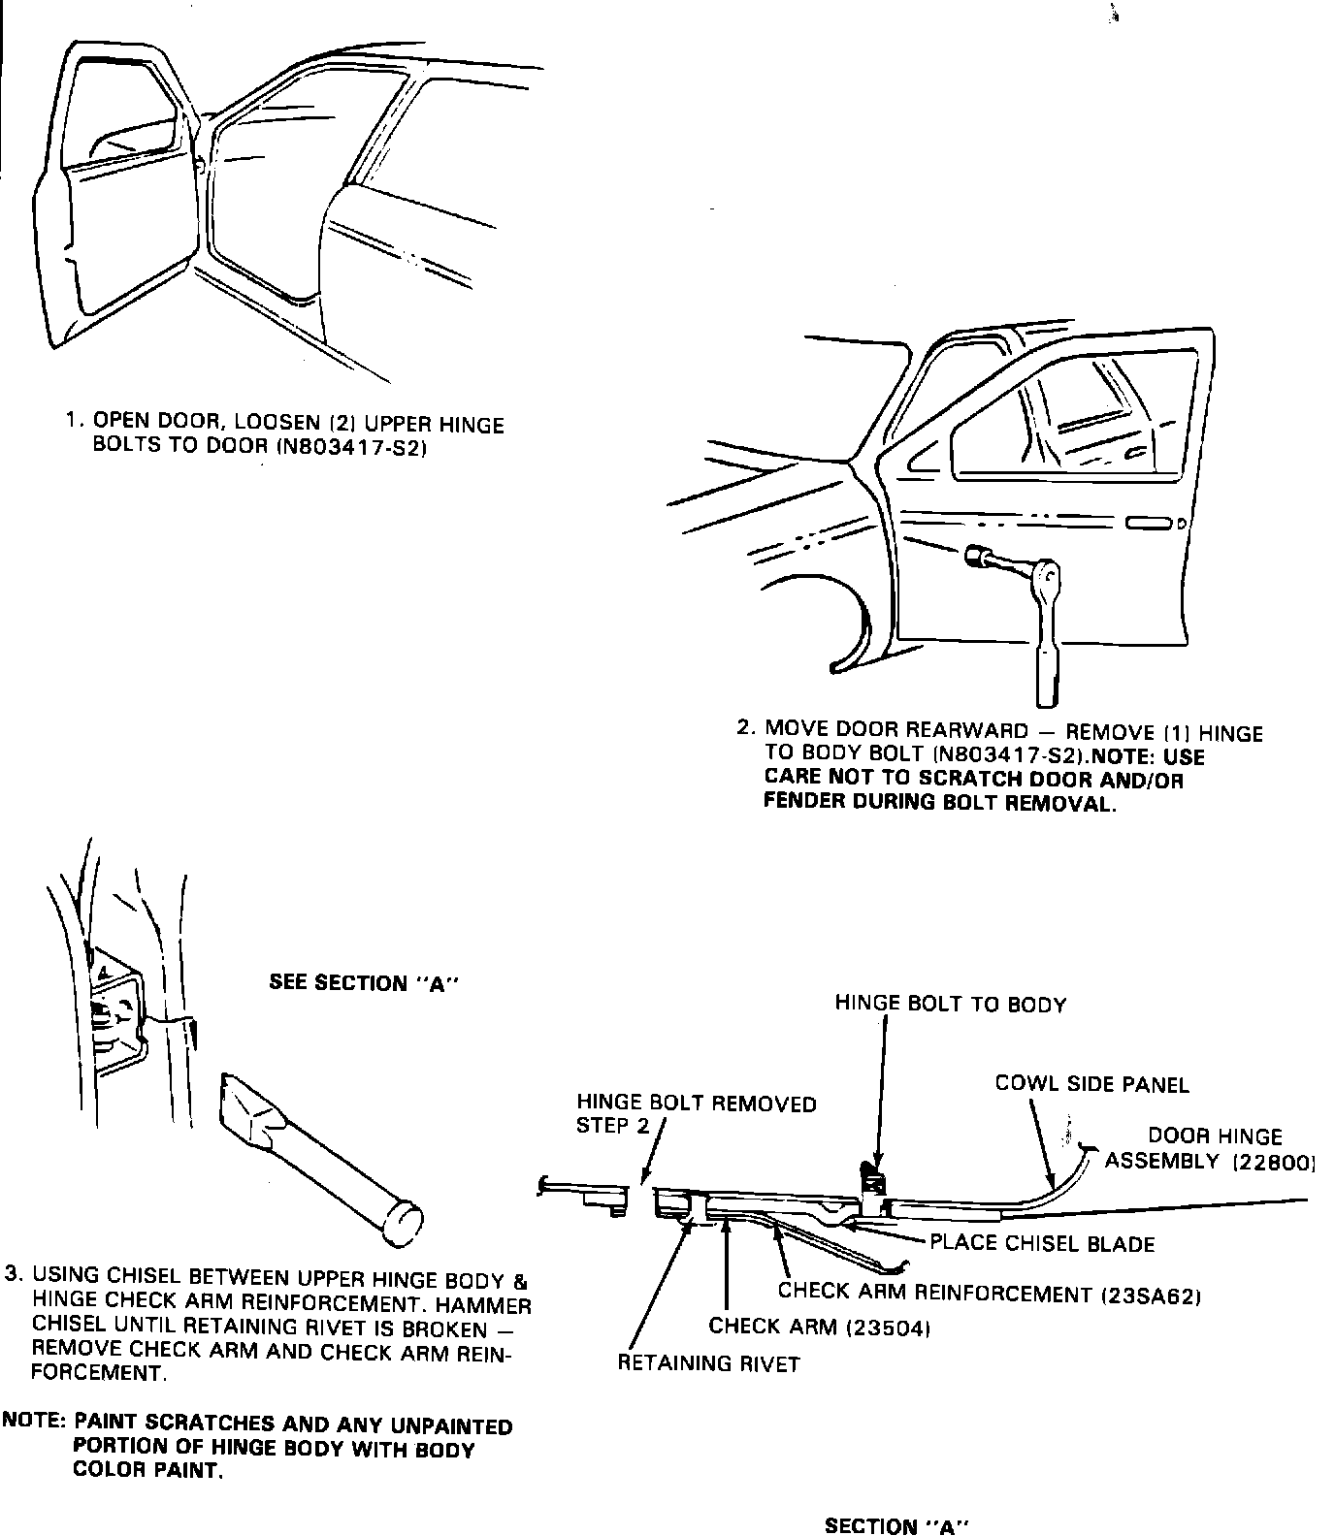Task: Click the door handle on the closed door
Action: [1148, 525]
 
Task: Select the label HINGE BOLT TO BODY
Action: [950, 1005]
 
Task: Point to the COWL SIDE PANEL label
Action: [1091, 1084]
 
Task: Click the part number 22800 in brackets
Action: [1274, 1162]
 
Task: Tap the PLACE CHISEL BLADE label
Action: [1042, 1243]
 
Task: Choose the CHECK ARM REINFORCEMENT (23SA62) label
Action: [991, 1294]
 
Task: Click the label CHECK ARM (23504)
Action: [820, 1327]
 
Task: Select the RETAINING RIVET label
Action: [709, 1363]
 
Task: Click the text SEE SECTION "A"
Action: [363, 983]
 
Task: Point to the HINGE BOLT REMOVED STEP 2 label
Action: [697, 1114]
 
